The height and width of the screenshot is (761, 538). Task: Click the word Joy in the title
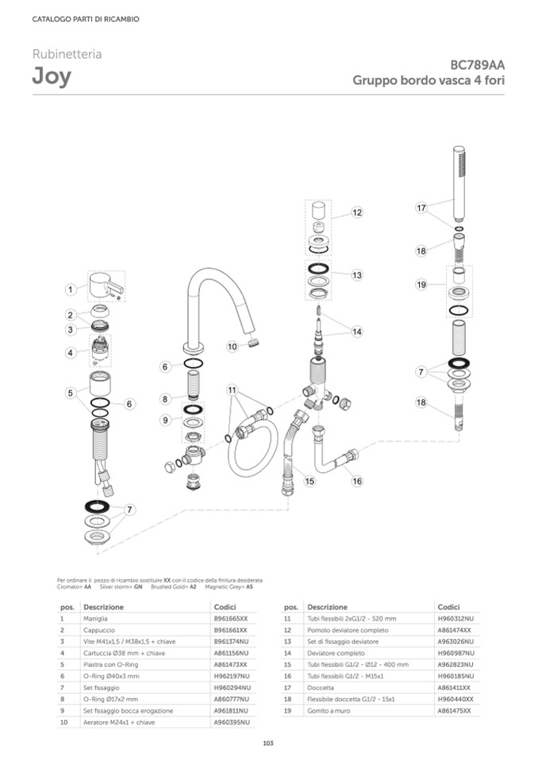coord(51,77)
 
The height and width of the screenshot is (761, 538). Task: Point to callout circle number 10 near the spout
coord(232,346)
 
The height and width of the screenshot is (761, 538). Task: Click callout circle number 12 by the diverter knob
coord(357,213)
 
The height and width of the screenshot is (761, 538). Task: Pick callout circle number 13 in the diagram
coord(357,275)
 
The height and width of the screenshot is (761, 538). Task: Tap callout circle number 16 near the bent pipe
coord(357,481)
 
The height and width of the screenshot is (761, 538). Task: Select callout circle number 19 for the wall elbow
coord(421,284)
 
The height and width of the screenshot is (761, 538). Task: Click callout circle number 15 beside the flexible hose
coord(309,481)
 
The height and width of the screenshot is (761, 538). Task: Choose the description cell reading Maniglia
coord(96,618)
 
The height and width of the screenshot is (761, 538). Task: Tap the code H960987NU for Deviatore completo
coord(454,653)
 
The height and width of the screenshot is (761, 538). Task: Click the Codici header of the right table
coord(448,606)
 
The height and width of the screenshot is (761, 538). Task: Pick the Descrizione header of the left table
coord(103,606)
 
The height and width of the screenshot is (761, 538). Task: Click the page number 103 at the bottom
coord(268,743)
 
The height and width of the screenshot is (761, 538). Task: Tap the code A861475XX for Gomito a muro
coord(454,711)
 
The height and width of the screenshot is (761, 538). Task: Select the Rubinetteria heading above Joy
coord(67,55)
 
